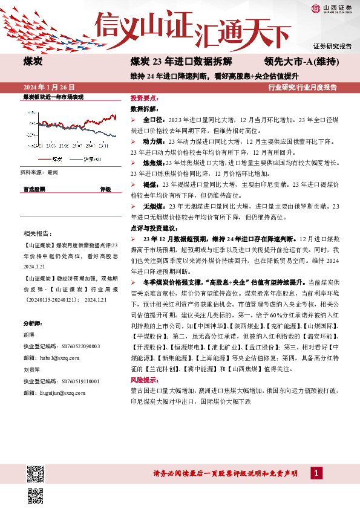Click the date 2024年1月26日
click(44, 88)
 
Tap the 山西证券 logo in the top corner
click(332, 8)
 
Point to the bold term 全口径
click(152, 120)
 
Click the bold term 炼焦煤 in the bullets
click(152, 163)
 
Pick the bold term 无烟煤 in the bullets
click(152, 207)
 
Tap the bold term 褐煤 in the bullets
click(149, 185)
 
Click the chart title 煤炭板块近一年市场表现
click(53, 97)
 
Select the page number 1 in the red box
click(315, 473)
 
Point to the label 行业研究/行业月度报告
click(302, 88)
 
